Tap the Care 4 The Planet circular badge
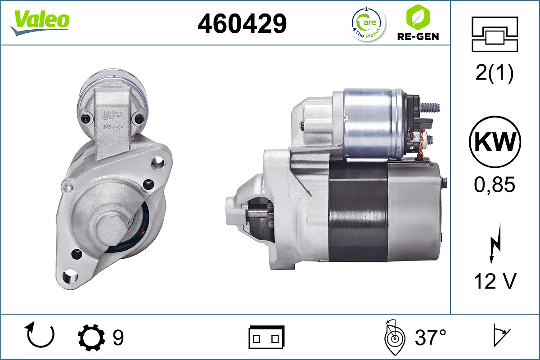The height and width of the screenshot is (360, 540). tap(368, 23)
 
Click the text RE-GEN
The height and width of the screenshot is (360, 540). tap(418, 36)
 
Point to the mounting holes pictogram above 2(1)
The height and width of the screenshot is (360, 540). tap(495, 34)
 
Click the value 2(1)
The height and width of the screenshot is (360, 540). tap(495, 74)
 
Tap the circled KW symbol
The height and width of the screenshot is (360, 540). tap(495, 142)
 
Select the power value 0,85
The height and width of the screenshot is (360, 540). tap(495, 184)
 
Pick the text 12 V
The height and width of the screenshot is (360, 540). tap(495, 282)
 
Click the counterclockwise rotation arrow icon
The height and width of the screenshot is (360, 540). tap(41, 335)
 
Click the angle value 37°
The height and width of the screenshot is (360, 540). tap(431, 337)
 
